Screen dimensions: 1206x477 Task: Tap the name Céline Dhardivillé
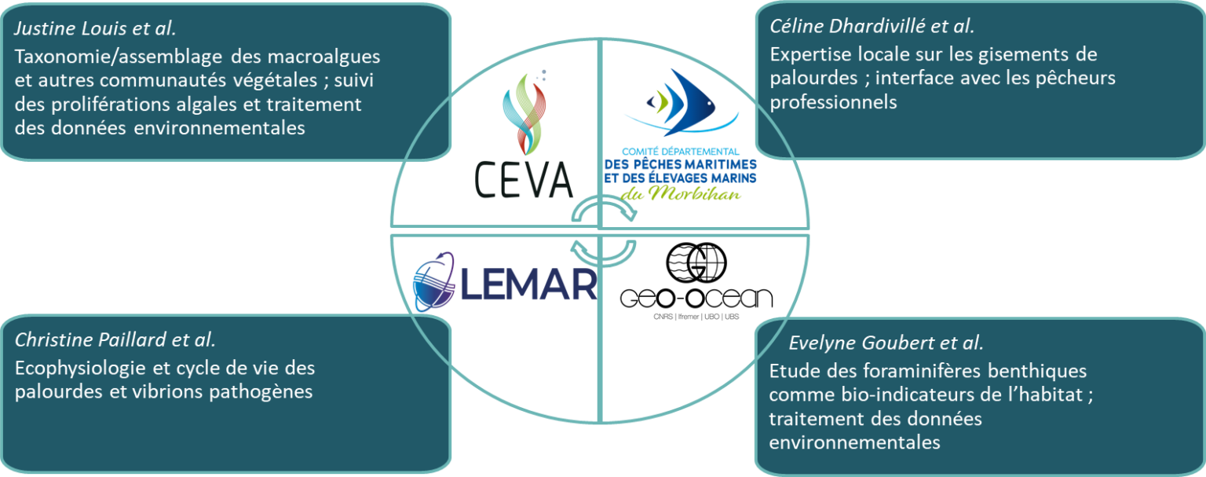(x=848, y=27)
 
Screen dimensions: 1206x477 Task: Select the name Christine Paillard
(x=91, y=340)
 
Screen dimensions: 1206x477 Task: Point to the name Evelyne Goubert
(x=861, y=343)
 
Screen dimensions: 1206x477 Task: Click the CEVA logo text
(x=524, y=180)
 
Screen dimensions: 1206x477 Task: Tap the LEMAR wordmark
(x=528, y=284)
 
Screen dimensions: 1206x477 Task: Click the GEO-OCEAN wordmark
(x=696, y=298)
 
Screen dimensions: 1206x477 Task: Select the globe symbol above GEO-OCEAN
(x=696, y=262)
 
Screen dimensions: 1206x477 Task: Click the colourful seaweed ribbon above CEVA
(x=524, y=113)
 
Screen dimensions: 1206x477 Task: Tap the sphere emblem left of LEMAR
(x=434, y=282)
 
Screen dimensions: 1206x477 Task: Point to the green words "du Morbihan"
(x=681, y=193)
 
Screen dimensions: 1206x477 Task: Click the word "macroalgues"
(x=323, y=57)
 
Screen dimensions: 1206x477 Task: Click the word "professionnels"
(x=833, y=102)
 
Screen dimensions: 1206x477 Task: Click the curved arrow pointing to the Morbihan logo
(x=604, y=209)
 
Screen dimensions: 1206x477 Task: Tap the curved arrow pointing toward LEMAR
(x=603, y=252)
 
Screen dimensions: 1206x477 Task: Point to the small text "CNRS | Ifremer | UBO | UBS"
(x=696, y=317)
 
